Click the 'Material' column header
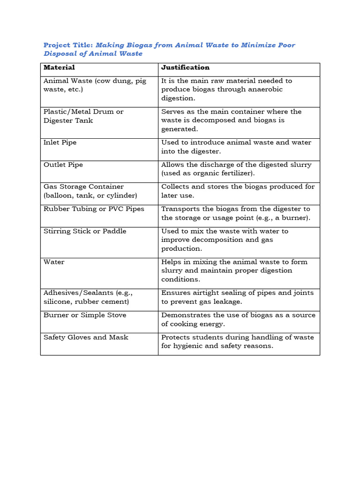click(x=59, y=67)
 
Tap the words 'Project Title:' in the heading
click(x=68, y=45)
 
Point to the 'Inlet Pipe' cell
click(x=60, y=142)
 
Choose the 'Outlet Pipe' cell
click(x=63, y=165)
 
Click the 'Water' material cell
click(x=54, y=262)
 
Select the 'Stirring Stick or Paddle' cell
click(x=85, y=231)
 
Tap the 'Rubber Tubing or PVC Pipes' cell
click(x=94, y=209)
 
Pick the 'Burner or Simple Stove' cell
click(x=85, y=315)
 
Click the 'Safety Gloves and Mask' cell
click(x=86, y=337)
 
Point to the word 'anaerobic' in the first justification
click(x=266, y=89)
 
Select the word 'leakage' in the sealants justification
click(x=226, y=301)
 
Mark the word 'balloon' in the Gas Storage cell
click(x=60, y=195)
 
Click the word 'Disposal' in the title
click(x=60, y=54)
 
